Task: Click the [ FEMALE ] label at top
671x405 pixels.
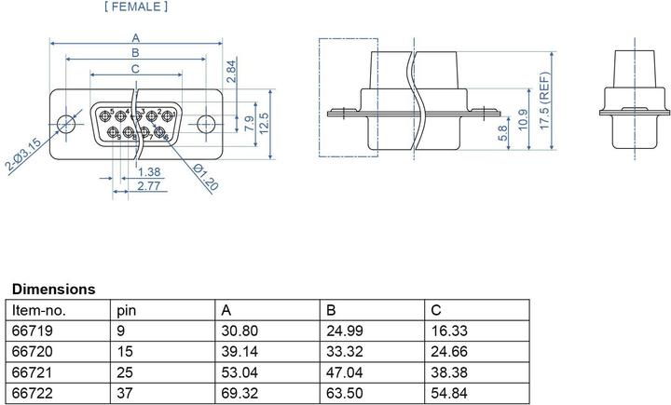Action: tap(138, 7)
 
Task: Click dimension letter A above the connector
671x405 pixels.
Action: tap(136, 38)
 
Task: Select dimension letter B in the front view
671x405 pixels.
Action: tap(136, 53)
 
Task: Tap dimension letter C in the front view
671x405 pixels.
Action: tap(136, 68)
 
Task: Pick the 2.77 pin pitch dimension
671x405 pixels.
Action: tap(146, 187)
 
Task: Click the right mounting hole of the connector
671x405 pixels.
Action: tap(207, 124)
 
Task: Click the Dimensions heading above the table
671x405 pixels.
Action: tap(53, 290)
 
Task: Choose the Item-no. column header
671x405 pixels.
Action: tap(38, 310)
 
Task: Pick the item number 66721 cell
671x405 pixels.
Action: tap(29, 371)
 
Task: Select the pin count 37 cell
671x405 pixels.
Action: tap(124, 391)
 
